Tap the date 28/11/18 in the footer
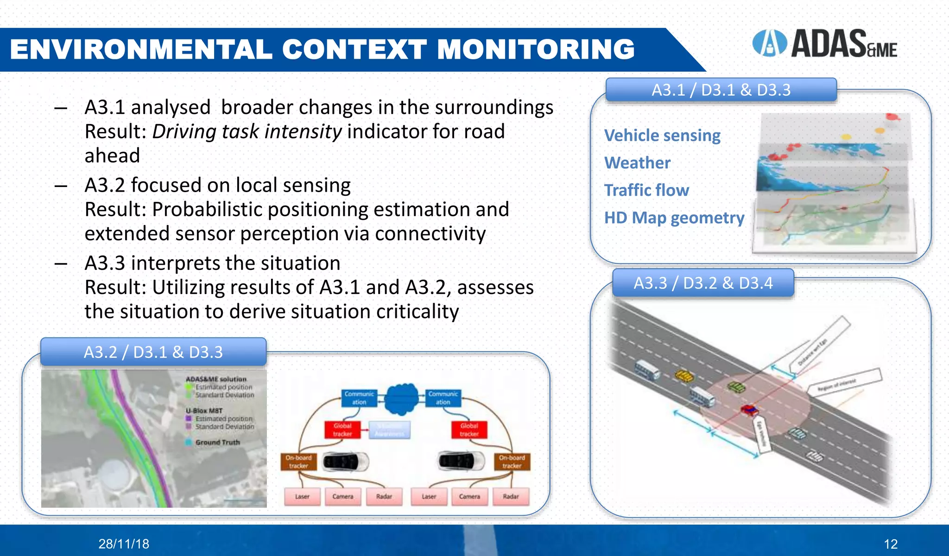tap(124, 544)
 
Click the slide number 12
tap(890, 544)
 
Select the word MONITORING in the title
tap(536, 49)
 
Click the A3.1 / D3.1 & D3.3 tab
tap(721, 90)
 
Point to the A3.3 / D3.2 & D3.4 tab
tap(703, 283)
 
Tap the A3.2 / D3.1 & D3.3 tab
tap(153, 352)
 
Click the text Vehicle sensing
tap(662, 136)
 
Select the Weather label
tap(637, 163)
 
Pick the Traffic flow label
tap(646, 190)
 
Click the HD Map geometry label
tap(674, 218)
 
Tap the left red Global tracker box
tap(342, 430)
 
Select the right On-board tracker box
tap(512, 462)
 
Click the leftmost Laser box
tap(302, 496)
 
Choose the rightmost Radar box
tap(511, 496)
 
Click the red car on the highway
tap(749, 410)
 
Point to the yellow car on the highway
tap(683, 375)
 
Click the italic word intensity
tap(303, 132)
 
